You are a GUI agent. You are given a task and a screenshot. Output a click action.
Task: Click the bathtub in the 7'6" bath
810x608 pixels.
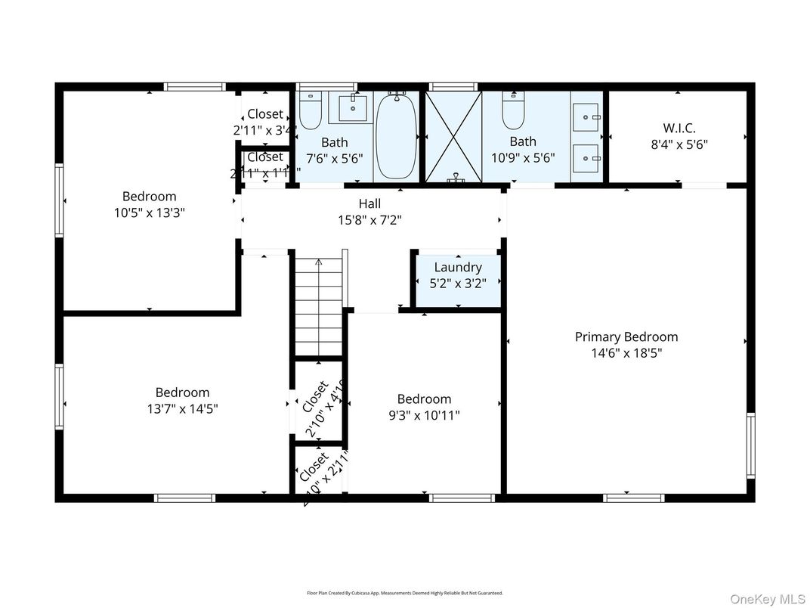(x=396, y=136)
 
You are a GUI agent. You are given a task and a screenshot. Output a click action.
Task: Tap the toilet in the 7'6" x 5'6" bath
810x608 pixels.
(x=311, y=111)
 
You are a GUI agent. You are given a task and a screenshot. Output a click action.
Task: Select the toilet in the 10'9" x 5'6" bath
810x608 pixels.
(x=514, y=111)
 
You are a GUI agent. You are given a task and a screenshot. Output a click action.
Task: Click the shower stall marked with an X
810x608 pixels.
(x=453, y=136)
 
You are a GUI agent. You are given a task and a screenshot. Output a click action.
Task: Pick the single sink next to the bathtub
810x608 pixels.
(x=352, y=108)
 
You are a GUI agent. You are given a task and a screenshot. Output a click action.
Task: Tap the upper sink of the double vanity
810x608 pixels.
(x=586, y=117)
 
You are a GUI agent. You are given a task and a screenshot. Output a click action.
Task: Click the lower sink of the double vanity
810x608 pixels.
(x=586, y=158)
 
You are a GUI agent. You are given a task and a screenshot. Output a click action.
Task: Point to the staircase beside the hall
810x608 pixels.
(x=318, y=306)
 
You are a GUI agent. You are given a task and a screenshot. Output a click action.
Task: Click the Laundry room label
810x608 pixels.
(x=458, y=267)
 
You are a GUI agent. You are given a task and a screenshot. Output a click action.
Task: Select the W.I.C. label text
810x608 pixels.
(x=679, y=128)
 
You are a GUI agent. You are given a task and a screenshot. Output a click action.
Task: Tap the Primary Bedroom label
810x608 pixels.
(x=626, y=337)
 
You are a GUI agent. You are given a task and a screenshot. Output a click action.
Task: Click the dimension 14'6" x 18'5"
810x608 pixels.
(x=626, y=352)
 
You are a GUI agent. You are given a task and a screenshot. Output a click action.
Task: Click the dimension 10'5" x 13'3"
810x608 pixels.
(x=150, y=213)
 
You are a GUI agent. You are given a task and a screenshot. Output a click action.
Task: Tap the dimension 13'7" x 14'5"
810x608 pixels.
(x=182, y=409)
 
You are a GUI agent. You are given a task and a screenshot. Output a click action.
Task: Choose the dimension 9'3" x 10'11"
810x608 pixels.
(x=424, y=415)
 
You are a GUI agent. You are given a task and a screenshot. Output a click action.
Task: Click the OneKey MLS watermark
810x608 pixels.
(x=768, y=599)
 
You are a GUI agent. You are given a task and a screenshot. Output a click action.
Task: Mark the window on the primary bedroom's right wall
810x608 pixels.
(x=750, y=445)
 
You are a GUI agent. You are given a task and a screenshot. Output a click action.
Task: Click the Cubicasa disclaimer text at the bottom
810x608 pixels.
(x=404, y=593)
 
